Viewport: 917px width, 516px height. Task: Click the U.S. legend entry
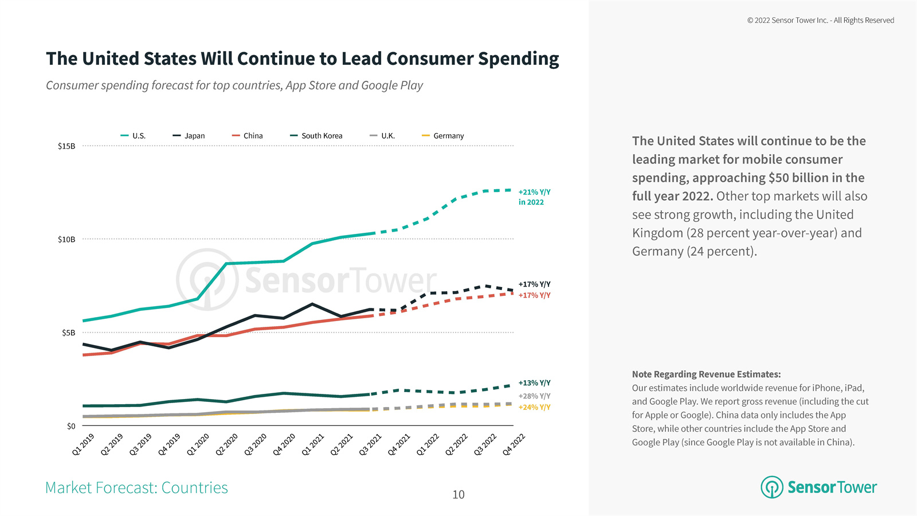pyautogui.click(x=134, y=136)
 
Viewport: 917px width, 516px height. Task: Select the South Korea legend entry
pyautogui.click(x=316, y=136)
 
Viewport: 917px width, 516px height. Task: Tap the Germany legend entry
pyautogui.click(x=443, y=136)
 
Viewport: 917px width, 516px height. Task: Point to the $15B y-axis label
pyautogui.click(x=66, y=146)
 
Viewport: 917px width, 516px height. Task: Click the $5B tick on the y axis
pyautogui.click(x=69, y=333)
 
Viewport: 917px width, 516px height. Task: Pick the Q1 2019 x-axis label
pyautogui.click(x=83, y=445)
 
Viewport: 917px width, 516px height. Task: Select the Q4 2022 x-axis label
pyautogui.click(x=514, y=445)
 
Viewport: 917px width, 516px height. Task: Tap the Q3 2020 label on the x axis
pyautogui.click(x=256, y=445)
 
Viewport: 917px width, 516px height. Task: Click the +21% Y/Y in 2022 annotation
pyautogui.click(x=534, y=197)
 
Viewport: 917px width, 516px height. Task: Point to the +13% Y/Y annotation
pyautogui.click(x=534, y=383)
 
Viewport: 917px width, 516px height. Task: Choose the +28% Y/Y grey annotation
pyautogui.click(x=534, y=396)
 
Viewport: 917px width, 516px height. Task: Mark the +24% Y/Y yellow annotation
pyautogui.click(x=534, y=408)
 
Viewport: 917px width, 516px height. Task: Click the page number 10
pyautogui.click(x=458, y=495)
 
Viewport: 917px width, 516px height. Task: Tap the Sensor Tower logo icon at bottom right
pyautogui.click(x=771, y=487)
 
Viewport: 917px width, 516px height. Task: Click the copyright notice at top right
pyautogui.click(x=820, y=20)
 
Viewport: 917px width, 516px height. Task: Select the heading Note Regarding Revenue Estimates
pyautogui.click(x=706, y=374)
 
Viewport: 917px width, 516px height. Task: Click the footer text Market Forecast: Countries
pyautogui.click(x=136, y=488)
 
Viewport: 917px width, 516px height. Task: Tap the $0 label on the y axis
pyautogui.click(x=71, y=426)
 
